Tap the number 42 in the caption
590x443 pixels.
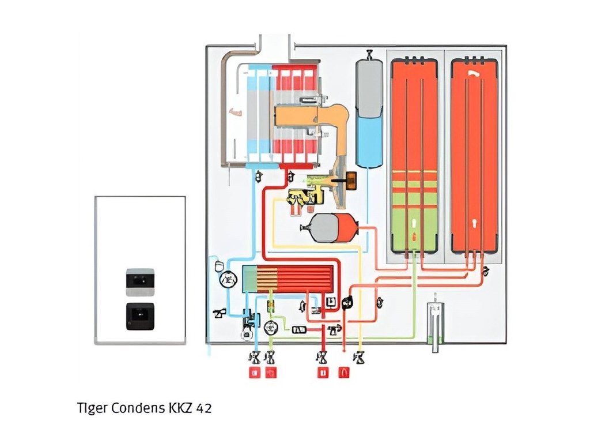203,408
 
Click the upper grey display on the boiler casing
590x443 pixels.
139,279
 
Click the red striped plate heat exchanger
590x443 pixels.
289,278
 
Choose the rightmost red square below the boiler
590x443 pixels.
344,373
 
